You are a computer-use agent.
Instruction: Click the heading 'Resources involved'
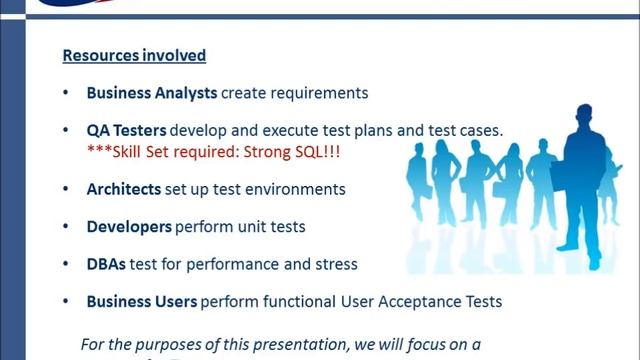tap(134, 55)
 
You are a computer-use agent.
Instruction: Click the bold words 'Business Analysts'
tap(151, 93)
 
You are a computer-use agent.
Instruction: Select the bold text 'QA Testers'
tap(127, 131)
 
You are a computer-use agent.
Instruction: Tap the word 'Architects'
tap(125, 189)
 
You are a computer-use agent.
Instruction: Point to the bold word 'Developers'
tap(129, 227)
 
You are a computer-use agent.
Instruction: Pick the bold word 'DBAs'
tap(108, 264)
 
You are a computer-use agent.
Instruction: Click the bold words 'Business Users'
tap(141, 301)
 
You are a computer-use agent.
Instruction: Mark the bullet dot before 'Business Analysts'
tap(66, 93)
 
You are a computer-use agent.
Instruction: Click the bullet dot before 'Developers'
tap(66, 227)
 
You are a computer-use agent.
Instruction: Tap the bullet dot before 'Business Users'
tap(66, 301)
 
